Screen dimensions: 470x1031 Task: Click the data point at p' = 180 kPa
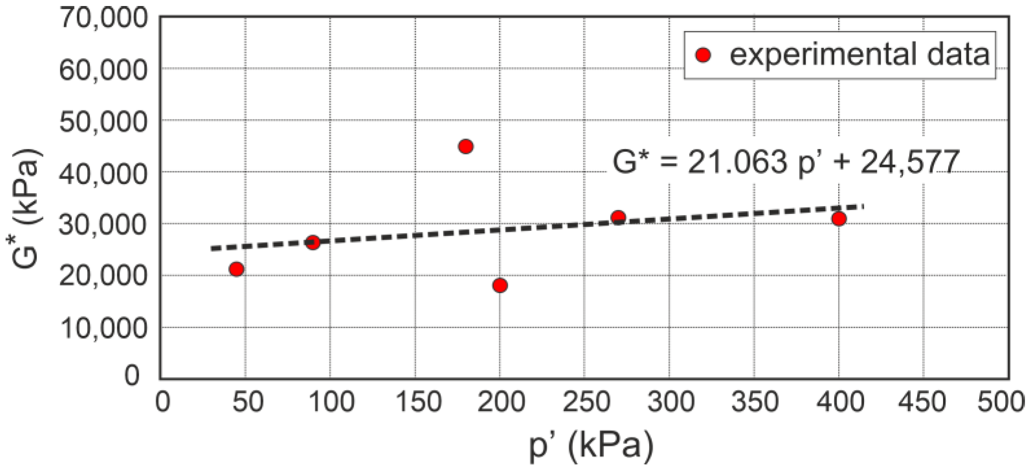[465, 147]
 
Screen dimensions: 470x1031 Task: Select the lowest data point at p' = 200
[500, 285]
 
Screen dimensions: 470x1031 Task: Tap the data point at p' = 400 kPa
[839, 219]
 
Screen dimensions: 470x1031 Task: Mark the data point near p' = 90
[313, 243]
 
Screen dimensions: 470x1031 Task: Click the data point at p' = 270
[618, 217]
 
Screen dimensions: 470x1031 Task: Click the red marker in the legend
[703, 55]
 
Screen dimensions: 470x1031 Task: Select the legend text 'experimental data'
[859, 55]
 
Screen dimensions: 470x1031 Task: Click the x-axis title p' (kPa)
[591, 446]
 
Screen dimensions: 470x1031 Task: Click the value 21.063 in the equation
[737, 163]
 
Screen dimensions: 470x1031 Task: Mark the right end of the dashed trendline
[862, 207]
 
